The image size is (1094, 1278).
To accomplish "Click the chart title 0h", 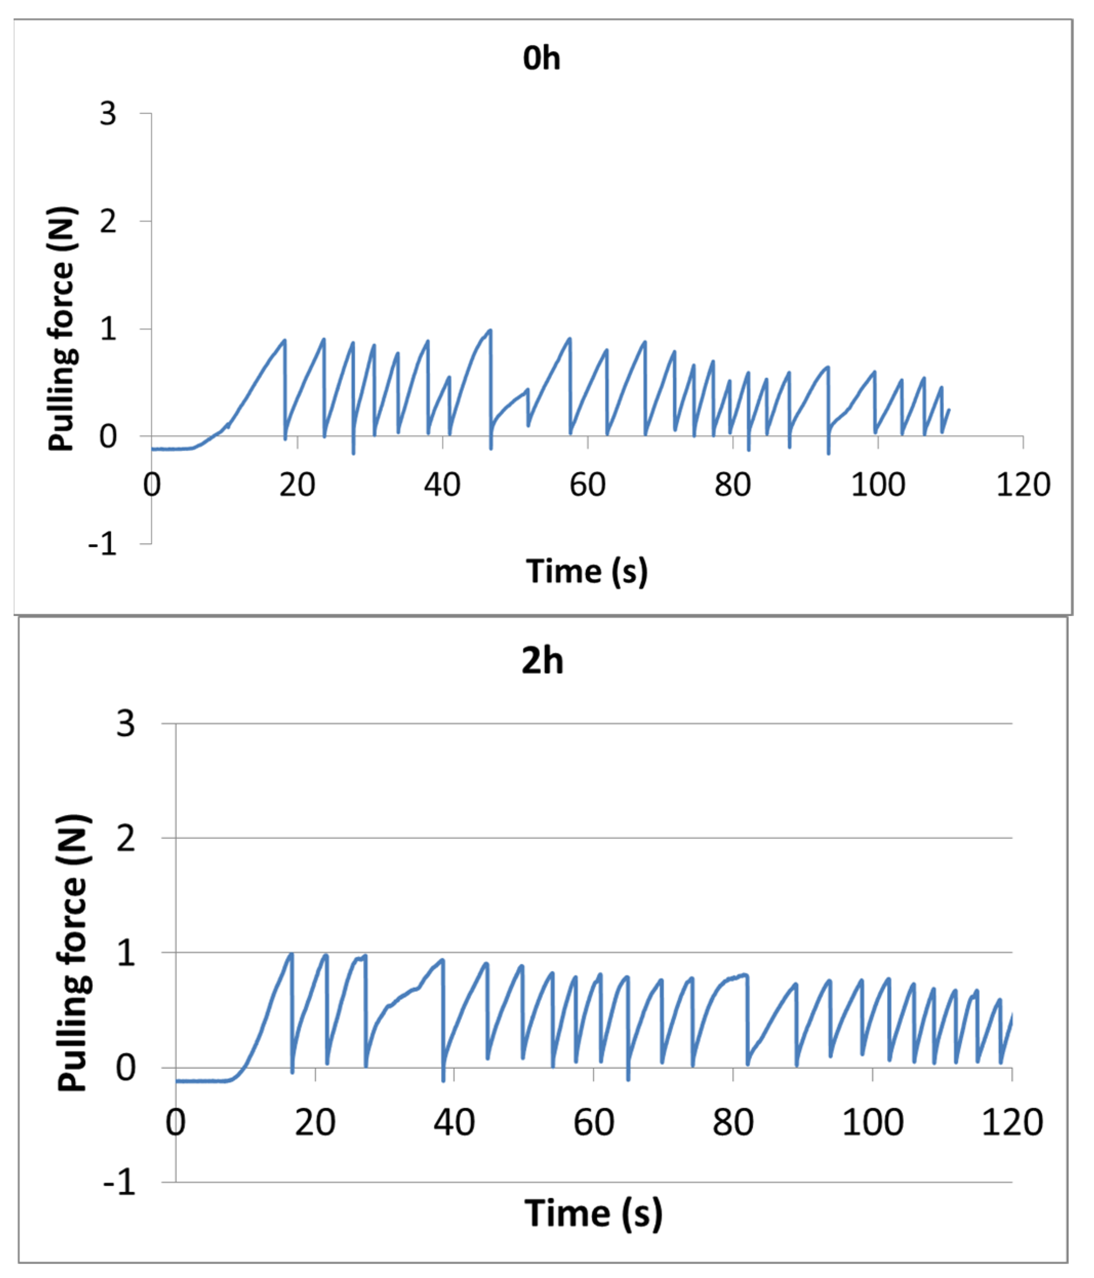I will (541, 59).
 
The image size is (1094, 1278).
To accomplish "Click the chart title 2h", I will (542, 661).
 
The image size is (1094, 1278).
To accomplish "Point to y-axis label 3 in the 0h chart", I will (108, 114).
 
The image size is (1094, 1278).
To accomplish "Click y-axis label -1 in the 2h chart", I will (119, 1183).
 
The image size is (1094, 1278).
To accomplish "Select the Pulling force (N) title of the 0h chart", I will (62, 328).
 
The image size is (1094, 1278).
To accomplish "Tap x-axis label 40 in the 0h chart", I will (441, 485).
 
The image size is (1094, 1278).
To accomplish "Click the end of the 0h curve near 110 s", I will (948, 410).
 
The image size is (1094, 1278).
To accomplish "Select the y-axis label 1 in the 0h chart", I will (108, 329).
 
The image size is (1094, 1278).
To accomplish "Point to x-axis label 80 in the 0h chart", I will (733, 485).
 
